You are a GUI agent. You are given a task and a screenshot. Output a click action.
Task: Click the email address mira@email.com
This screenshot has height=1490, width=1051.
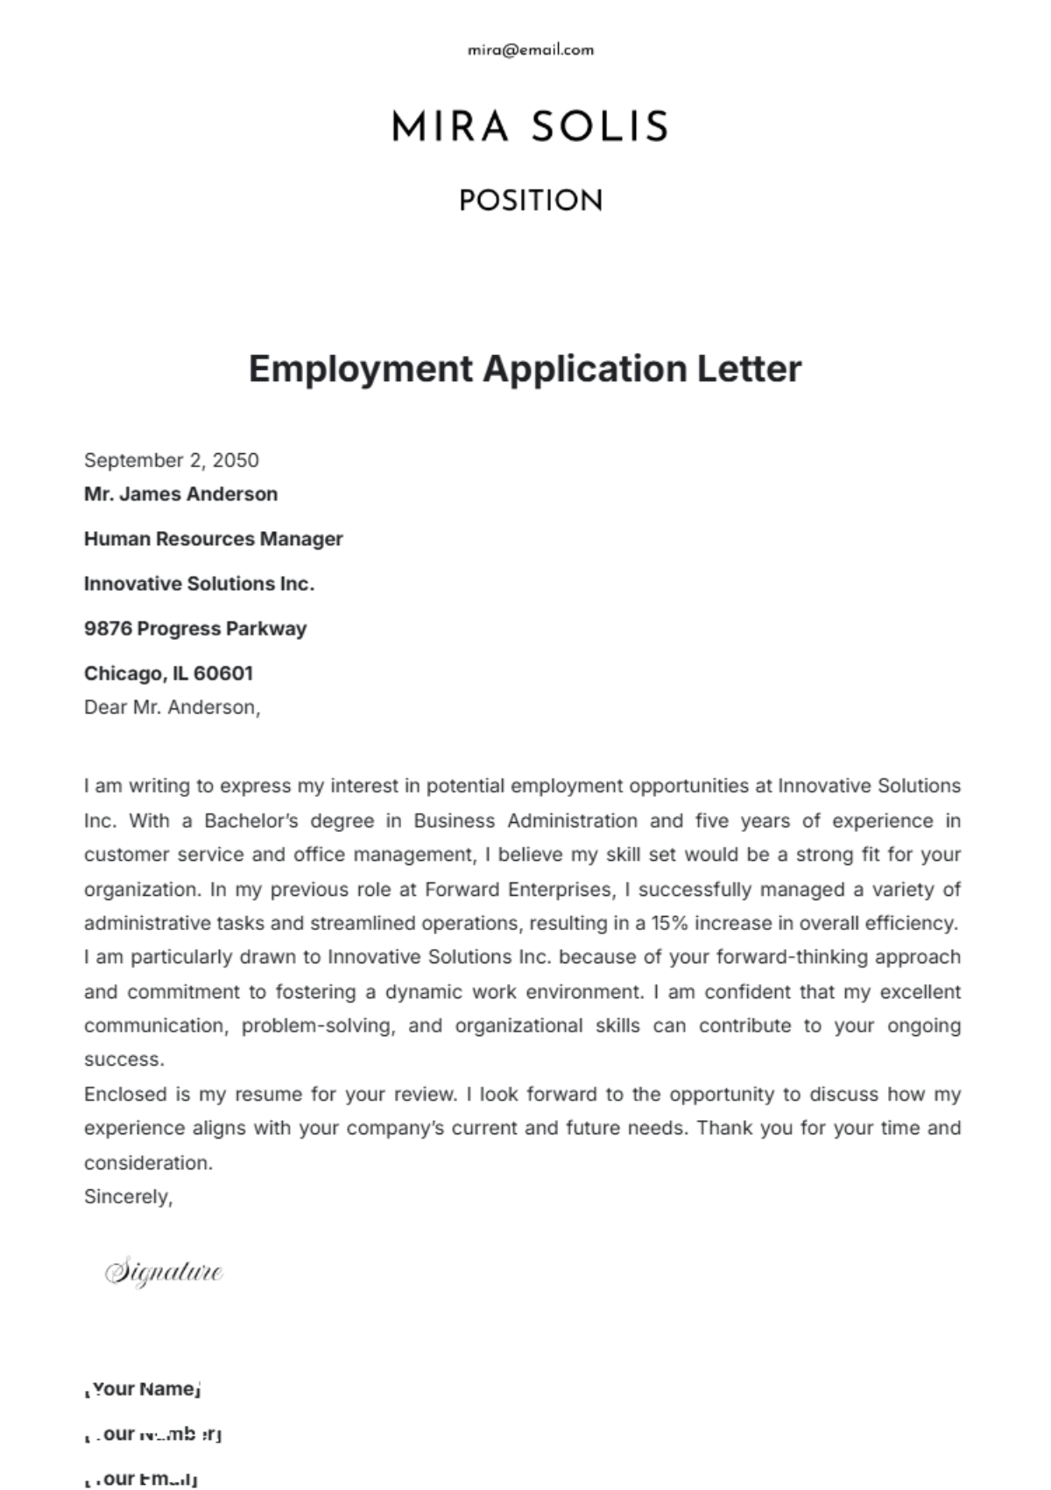coord(531,50)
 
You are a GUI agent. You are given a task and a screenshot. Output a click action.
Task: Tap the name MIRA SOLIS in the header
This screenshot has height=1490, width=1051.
coord(530,127)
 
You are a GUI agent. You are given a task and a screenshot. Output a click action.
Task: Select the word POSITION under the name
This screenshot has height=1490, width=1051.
coord(531,201)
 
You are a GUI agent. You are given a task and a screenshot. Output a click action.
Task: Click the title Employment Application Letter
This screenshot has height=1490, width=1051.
coord(525,368)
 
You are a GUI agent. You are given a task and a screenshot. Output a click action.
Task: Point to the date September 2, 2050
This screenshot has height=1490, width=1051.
coord(172,460)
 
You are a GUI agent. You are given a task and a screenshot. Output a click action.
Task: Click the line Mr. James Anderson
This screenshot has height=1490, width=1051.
coord(180,494)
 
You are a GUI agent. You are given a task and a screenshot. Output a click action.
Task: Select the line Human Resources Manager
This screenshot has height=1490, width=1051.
coord(213,539)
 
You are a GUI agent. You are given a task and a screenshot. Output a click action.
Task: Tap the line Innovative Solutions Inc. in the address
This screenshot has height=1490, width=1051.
coord(199,584)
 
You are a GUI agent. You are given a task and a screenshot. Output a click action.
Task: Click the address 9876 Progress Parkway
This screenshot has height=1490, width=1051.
coord(195,628)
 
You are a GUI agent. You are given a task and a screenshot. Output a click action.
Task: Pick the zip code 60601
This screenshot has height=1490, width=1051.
coord(223,673)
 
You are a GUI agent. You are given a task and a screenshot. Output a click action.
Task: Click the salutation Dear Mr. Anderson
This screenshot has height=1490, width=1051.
coord(172,707)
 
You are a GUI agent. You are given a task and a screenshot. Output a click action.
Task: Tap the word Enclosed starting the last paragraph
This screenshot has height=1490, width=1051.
coord(125,1095)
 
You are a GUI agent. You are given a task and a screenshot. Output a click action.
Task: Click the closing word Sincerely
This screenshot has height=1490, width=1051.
coord(128,1196)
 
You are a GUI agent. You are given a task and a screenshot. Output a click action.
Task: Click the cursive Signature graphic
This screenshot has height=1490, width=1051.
coord(164,1272)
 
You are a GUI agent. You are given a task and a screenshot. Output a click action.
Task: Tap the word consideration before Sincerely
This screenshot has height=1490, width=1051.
coord(147,1163)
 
